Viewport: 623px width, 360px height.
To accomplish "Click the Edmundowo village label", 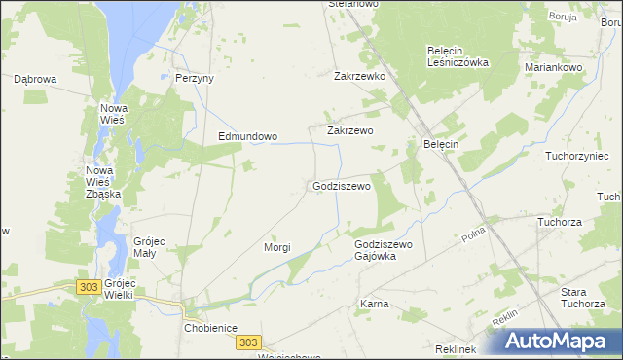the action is [247, 137].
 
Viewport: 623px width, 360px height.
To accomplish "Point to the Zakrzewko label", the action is [361, 75].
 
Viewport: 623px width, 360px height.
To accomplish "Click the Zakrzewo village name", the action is [350, 129].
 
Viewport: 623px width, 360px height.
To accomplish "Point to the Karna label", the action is [375, 304].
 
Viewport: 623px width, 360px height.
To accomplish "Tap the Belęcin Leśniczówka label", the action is [458, 55].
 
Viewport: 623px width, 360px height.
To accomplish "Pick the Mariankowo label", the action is [553, 68].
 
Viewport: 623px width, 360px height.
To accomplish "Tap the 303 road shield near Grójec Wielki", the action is [89, 286].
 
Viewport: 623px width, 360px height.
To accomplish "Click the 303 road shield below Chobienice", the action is [248, 342].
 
